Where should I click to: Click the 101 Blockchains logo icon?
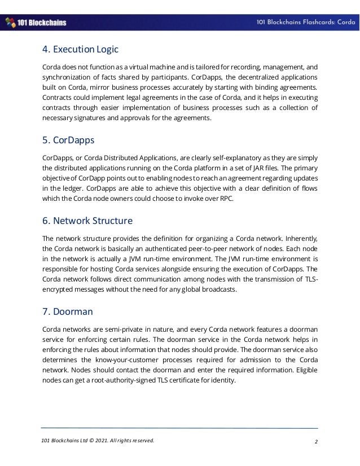click(x=10, y=23)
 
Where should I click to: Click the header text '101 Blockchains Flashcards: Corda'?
click(x=305, y=23)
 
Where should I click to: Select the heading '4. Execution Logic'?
click(x=80, y=49)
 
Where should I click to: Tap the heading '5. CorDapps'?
click(x=69, y=139)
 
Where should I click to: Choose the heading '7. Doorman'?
click(x=68, y=311)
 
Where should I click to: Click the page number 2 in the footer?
click(x=315, y=441)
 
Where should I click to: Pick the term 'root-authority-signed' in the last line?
click(x=118, y=380)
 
